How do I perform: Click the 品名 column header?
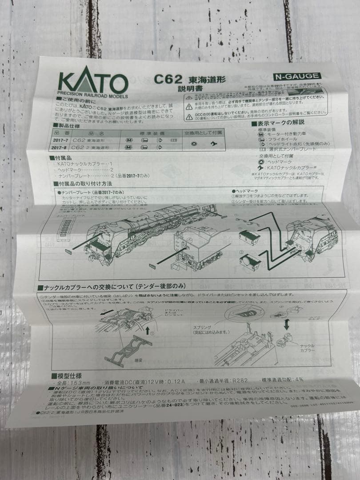96,132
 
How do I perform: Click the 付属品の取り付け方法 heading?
84,183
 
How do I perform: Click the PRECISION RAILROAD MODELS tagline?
92,96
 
